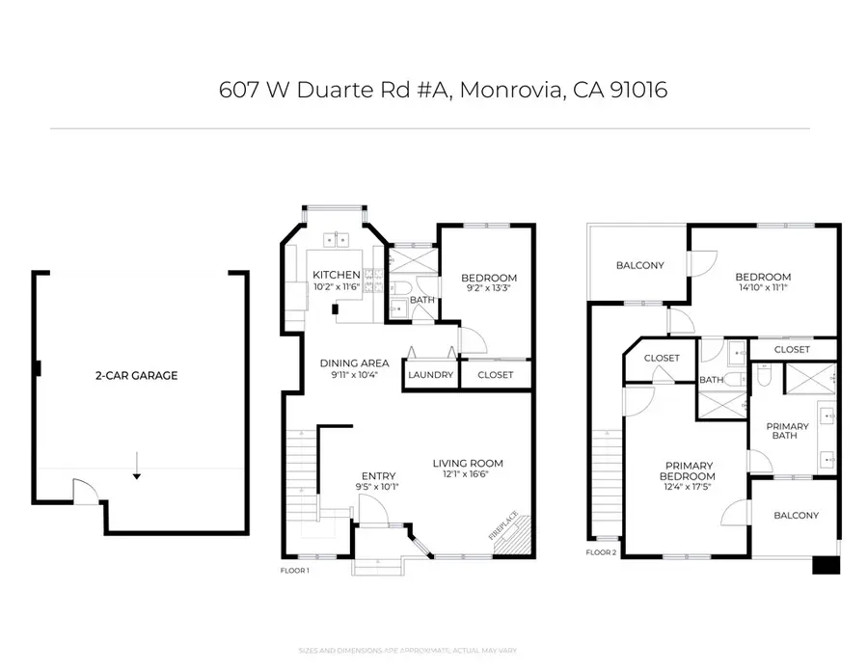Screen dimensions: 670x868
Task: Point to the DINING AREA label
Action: coord(355,363)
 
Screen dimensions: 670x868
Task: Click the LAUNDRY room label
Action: coord(430,375)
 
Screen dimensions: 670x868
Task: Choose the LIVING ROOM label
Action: coord(468,464)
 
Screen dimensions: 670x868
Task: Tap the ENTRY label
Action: coord(378,476)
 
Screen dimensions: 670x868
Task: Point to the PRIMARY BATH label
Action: coord(788,430)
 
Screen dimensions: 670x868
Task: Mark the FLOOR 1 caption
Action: coord(295,571)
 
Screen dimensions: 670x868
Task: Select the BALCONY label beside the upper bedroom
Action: coord(640,265)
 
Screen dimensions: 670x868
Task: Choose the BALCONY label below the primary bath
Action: coord(796,515)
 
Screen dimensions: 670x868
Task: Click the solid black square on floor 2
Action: coord(826,565)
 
